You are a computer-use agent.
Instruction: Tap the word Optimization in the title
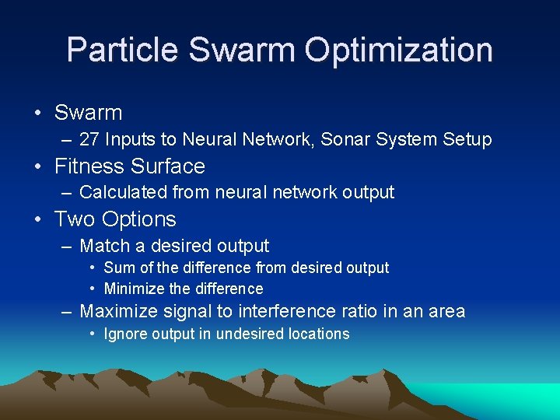pos(398,50)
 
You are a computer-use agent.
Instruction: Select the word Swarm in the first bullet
pos(88,113)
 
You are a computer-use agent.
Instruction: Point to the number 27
pos(90,140)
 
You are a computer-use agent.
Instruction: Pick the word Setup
pos(467,140)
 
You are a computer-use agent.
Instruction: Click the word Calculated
pos(123,192)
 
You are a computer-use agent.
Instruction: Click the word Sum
pos(118,268)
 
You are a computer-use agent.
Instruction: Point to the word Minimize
pos(135,289)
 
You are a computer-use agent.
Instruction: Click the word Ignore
pos(126,334)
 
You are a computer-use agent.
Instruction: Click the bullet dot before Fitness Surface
pos(38,166)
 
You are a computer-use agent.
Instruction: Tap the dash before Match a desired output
pos(68,247)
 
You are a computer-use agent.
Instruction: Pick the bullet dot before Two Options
pos(38,219)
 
